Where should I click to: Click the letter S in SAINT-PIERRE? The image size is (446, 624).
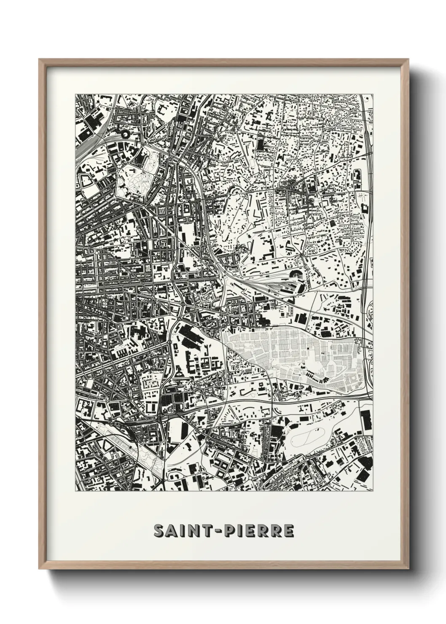[159, 532]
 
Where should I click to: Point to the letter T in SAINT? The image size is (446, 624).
[207, 532]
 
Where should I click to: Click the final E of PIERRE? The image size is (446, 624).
[288, 532]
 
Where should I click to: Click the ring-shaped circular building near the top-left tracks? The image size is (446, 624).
[125, 134]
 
